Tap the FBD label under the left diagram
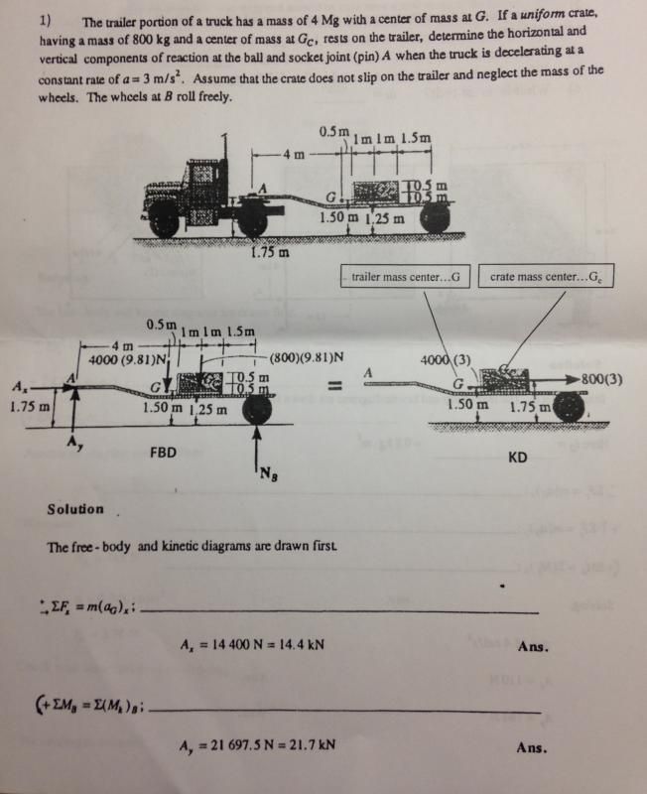pyautogui.click(x=163, y=451)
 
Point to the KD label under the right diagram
pyautogui.click(x=516, y=458)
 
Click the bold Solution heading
pyautogui.click(x=75, y=509)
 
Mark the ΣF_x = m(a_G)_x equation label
pyautogui.click(x=89, y=608)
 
